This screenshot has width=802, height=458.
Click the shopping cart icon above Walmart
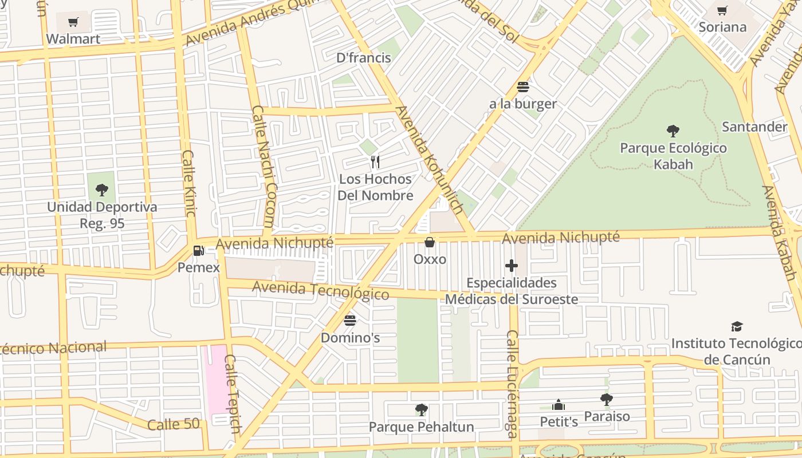[x=73, y=22]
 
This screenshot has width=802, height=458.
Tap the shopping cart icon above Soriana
[x=722, y=10]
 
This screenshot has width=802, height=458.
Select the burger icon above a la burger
[x=522, y=87]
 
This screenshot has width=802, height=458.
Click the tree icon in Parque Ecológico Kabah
[x=673, y=131]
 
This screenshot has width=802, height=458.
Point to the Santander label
[x=754, y=127]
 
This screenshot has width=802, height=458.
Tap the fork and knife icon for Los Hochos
[x=375, y=162]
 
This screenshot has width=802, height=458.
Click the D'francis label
[x=363, y=57]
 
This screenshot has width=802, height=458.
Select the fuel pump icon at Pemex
[x=198, y=250]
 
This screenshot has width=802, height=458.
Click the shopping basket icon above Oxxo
[x=430, y=242]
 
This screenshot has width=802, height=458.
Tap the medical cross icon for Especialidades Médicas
[x=512, y=266]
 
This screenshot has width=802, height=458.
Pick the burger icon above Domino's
[x=350, y=319]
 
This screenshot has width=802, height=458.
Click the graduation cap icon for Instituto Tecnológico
[x=737, y=326]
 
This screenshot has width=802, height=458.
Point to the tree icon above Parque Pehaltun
[x=422, y=410]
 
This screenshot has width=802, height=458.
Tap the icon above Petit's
[x=559, y=405]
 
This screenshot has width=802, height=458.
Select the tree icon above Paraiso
[x=607, y=399]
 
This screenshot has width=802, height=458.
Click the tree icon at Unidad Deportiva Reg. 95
[x=102, y=189]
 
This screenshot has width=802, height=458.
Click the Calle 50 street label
[x=174, y=424]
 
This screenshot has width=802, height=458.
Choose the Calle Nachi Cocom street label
[x=264, y=166]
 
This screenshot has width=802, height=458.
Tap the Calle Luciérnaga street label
[x=512, y=384]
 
